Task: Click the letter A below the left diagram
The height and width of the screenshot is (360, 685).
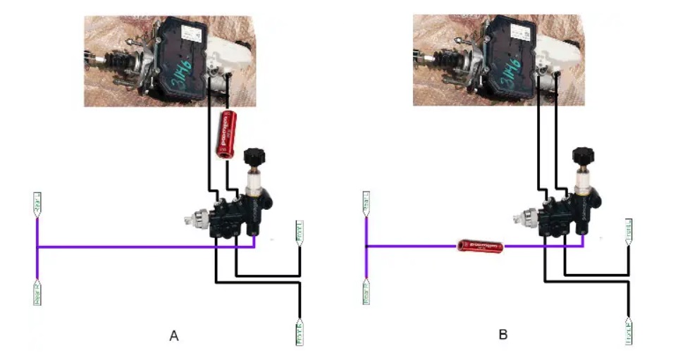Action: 174,335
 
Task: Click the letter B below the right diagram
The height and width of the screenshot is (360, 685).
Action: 503,334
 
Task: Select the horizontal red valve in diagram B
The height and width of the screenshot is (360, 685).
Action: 478,246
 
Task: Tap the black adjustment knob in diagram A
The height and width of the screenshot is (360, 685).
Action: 252,157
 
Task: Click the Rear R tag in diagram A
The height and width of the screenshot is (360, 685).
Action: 37,292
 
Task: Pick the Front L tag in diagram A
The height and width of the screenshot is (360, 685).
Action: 299,233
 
